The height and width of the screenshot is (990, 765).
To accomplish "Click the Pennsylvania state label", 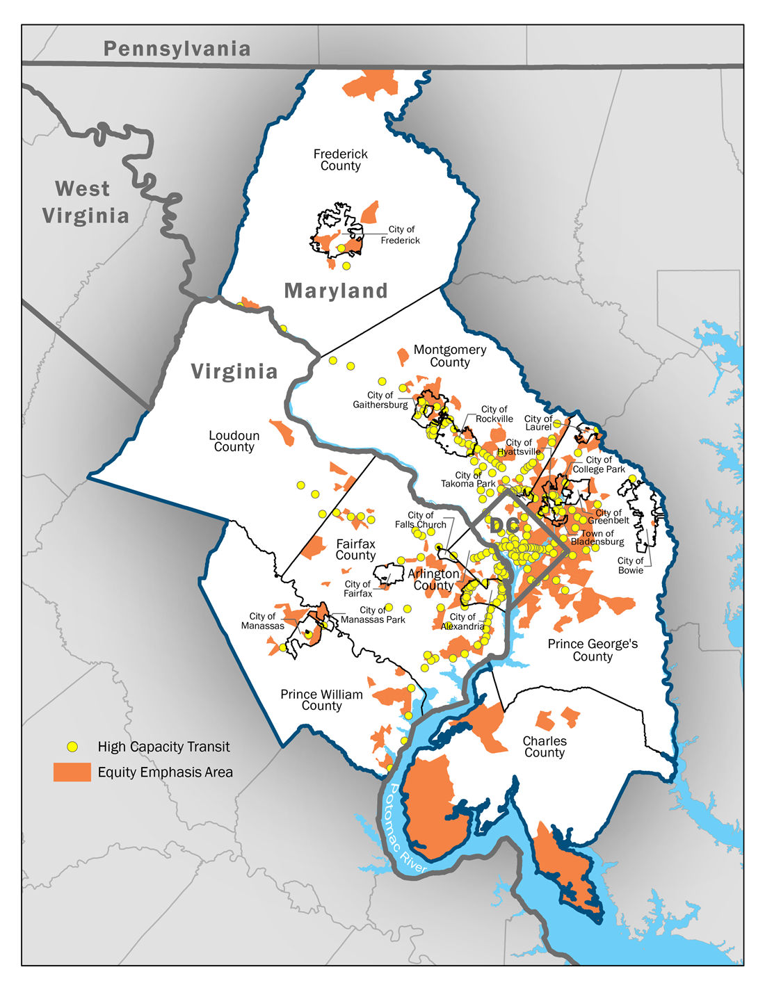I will (x=177, y=49).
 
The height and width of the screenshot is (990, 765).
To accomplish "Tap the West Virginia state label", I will (x=85, y=202).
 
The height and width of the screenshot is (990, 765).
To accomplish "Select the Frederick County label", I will (x=340, y=160).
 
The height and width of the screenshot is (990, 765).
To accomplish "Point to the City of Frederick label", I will (x=401, y=235).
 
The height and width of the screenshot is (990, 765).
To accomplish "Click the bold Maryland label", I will (x=336, y=291).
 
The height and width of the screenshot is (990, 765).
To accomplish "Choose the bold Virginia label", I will (x=234, y=371).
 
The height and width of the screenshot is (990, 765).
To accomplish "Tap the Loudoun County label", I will (x=234, y=441).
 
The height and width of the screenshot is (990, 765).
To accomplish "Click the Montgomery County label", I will (x=450, y=356).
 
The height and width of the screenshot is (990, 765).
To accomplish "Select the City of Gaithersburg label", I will (x=380, y=400).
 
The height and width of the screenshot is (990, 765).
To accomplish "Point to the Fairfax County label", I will (x=355, y=549).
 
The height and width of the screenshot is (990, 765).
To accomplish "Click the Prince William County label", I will (x=321, y=700).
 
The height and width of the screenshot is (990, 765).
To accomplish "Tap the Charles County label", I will (x=545, y=747).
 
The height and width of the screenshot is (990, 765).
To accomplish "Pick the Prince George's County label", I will (x=593, y=650).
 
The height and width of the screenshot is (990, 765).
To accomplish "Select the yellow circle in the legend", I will (x=72, y=747).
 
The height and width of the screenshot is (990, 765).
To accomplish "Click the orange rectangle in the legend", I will (x=72, y=772).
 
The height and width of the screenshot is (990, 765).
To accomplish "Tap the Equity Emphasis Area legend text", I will (x=165, y=772).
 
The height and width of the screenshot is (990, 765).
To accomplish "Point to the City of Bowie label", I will (x=631, y=565).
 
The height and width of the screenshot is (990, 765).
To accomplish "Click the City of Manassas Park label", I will (x=373, y=615).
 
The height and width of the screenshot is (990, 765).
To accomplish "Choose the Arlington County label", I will (x=433, y=579).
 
